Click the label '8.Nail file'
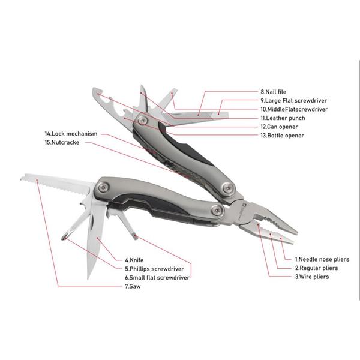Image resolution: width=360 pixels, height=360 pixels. pos(273,92)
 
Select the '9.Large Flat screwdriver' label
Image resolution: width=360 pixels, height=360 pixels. pos(293,101)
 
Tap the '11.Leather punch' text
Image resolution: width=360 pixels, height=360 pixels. pos(283,118)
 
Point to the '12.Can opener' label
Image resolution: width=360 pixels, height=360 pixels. pos(279,127)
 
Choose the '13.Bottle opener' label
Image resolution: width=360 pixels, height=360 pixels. pos(282,136)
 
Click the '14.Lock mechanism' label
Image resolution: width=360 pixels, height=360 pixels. pos(71,134)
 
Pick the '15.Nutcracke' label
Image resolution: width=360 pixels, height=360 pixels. pos(62,142)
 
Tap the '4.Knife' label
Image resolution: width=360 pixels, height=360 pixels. pos(134,260)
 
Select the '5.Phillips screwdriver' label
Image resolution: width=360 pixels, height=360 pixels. pos(154,269)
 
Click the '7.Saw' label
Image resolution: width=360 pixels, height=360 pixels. pos(133,286)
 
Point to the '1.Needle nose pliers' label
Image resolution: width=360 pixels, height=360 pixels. pos(322,259)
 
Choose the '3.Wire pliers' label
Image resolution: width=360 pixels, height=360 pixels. pos(312,277)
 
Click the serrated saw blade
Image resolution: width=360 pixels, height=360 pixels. pos(55,183)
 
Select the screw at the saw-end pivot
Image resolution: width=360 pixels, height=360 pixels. pos(104,187)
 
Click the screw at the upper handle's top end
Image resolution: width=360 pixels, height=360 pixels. pos(142,120)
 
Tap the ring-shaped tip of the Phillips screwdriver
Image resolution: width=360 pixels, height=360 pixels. pos(65,236)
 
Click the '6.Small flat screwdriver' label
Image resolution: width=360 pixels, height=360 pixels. pos(157,278)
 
